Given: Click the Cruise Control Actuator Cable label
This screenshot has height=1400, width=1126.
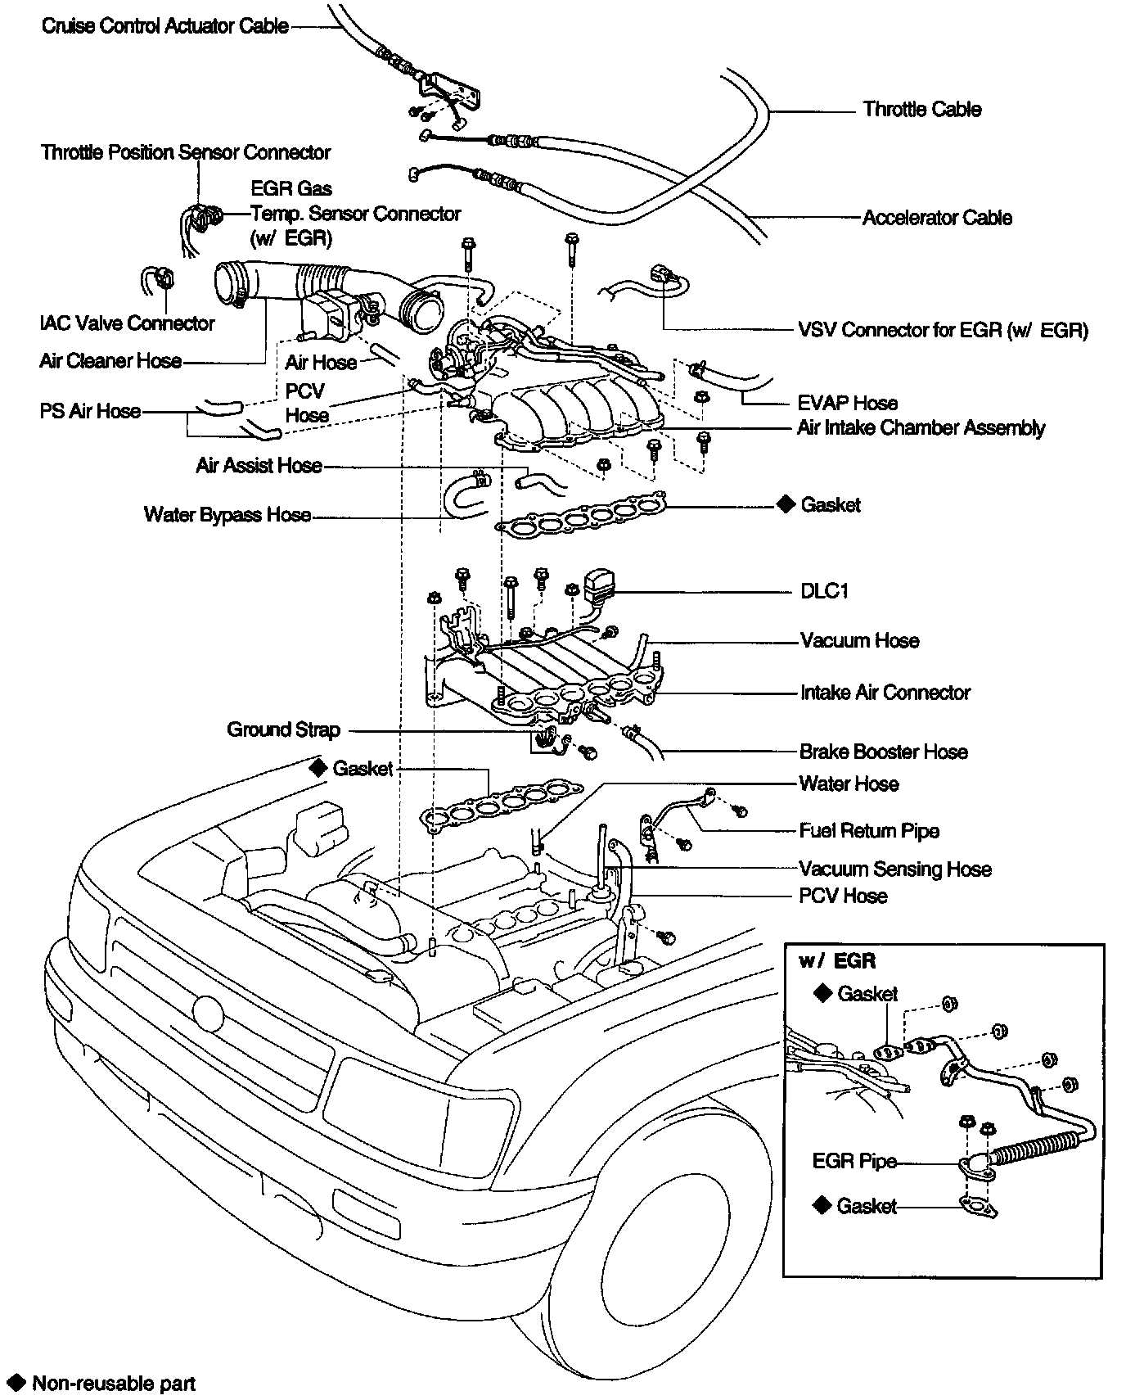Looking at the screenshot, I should tap(164, 26).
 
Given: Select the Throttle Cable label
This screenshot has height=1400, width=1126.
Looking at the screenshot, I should tap(921, 110).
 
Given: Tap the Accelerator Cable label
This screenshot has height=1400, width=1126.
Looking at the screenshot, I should tap(937, 218).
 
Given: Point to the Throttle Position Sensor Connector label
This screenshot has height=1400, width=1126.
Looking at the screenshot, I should tap(186, 153).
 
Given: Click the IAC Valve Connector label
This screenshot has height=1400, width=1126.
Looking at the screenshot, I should tap(127, 323).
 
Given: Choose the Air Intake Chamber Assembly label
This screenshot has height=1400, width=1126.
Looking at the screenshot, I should tap(921, 428).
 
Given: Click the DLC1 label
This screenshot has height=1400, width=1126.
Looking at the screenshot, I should tap(824, 591).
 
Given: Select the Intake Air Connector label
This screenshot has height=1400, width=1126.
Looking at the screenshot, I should tap(885, 693).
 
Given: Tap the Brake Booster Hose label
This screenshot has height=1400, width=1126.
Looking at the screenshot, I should tap(883, 752).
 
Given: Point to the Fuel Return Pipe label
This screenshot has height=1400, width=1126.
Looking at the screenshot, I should tap(868, 831).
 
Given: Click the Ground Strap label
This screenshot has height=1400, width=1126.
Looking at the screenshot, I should tap(283, 729).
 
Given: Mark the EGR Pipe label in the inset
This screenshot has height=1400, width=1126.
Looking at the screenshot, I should tap(854, 1162).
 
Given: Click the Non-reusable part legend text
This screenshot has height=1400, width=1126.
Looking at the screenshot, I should tap(114, 1384).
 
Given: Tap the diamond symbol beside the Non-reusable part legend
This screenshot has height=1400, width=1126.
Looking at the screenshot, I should tap(14, 1384).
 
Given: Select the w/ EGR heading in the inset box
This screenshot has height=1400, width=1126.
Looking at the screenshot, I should tap(836, 961).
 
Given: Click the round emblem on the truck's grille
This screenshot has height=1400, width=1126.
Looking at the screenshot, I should tap(209, 1013).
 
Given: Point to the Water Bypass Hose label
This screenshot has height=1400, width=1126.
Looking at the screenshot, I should tap(227, 515).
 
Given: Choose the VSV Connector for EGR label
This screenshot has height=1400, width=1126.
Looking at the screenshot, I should tap(943, 330).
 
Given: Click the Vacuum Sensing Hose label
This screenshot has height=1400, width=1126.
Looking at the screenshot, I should tap(894, 869).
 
